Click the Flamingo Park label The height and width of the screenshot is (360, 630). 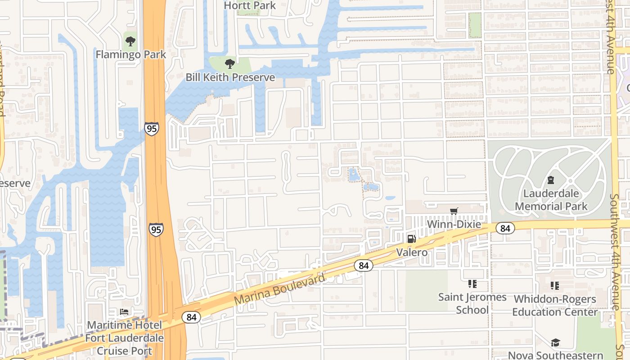[x=131, y=54]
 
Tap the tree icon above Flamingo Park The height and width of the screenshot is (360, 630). [x=130, y=42]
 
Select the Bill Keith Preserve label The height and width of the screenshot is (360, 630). [x=230, y=77]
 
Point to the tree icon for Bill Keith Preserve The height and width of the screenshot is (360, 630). [x=230, y=64]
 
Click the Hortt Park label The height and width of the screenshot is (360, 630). [x=250, y=5]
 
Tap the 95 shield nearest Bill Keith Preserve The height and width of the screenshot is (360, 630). [x=152, y=129]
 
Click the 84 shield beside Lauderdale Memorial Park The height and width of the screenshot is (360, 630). [x=505, y=228]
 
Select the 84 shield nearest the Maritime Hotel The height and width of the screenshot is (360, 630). [x=191, y=317]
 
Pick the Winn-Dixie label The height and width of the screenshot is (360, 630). [x=454, y=224]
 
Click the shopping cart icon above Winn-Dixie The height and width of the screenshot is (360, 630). [x=454, y=211]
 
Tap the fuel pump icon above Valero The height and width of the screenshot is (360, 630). [x=411, y=239]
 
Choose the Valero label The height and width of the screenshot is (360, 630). [x=412, y=252]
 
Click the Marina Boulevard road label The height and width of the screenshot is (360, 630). [x=279, y=289]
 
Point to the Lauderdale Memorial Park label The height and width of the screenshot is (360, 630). [x=551, y=200]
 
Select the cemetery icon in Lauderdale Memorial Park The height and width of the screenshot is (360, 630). [x=550, y=180]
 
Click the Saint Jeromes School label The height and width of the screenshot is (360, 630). [x=472, y=303]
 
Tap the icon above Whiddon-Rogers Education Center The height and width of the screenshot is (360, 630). [x=555, y=286]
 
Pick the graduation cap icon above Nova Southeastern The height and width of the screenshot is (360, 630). [x=555, y=343]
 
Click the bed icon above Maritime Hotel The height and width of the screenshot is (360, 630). [x=124, y=312]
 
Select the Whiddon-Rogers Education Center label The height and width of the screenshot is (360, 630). [x=555, y=305]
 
